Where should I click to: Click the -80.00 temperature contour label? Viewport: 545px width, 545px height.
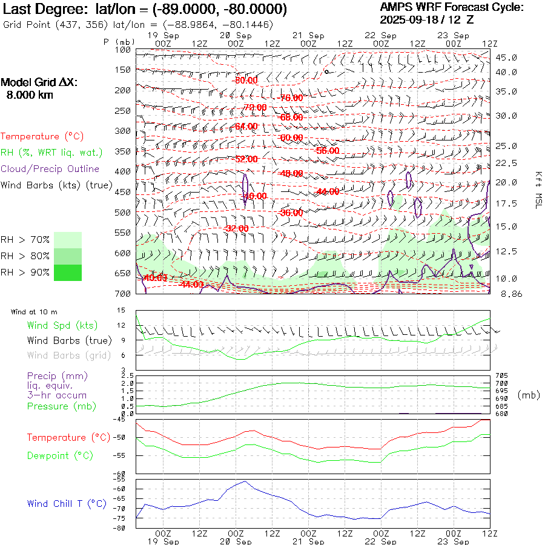point(246,80)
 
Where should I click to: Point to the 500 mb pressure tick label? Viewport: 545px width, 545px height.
point(123,212)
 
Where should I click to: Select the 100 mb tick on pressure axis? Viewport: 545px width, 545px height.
point(123,50)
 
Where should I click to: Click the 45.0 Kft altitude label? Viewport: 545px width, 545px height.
point(506,58)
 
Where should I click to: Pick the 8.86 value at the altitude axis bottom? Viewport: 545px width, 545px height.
point(506,294)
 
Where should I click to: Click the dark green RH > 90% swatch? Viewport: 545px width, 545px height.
point(68,273)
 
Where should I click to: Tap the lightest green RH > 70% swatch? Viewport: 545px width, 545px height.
point(68,240)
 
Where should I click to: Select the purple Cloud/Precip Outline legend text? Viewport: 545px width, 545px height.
point(50,169)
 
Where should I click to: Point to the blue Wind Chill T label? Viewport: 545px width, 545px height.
point(66,503)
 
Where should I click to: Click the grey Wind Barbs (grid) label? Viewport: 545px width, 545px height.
point(69,355)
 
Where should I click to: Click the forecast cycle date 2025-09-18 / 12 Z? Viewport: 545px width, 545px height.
point(427,19)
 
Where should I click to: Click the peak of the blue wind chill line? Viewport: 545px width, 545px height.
point(245,481)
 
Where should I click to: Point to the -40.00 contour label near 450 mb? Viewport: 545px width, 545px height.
point(254,196)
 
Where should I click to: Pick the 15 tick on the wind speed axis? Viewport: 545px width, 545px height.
point(121,311)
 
